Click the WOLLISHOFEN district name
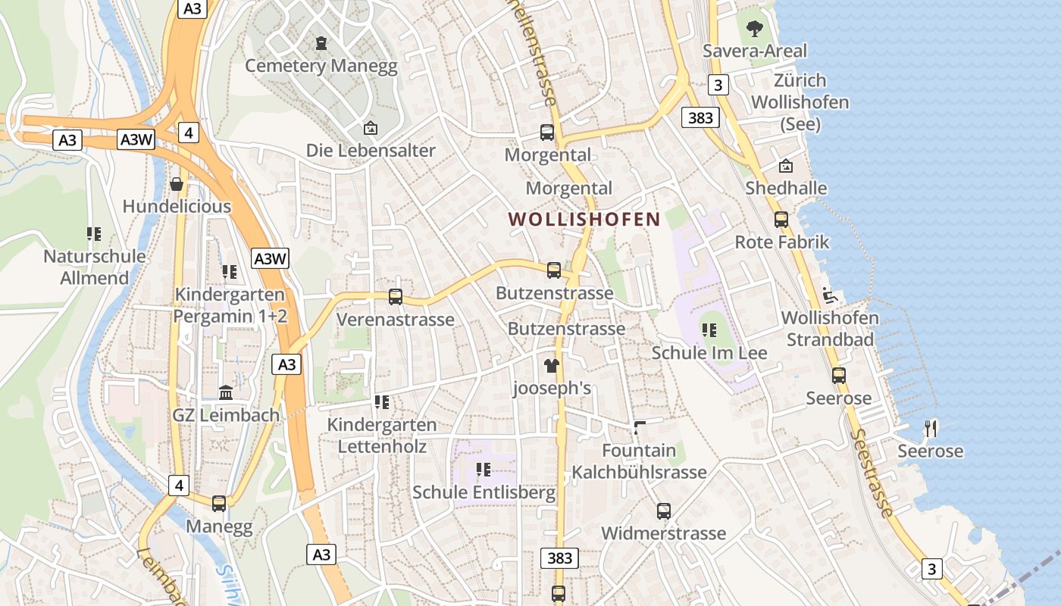pyautogui.click(x=584, y=220)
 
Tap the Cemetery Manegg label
pyautogui.click(x=321, y=66)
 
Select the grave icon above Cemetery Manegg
pyautogui.click(x=321, y=44)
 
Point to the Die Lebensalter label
pyautogui.click(x=371, y=150)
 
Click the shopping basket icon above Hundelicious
pyautogui.click(x=177, y=184)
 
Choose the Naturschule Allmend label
pyautogui.click(x=95, y=267)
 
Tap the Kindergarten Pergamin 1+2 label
pyautogui.click(x=230, y=305)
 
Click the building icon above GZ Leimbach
pyautogui.click(x=226, y=392)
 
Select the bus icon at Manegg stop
pyautogui.click(x=219, y=503)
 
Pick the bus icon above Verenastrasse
pyautogui.click(x=395, y=297)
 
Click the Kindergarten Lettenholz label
pyautogui.click(x=382, y=436)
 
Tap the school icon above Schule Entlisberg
pyautogui.click(x=484, y=470)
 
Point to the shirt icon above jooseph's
pyautogui.click(x=551, y=366)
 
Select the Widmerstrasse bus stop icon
pyautogui.click(x=664, y=511)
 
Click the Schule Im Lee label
pyautogui.click(x=709, y=353)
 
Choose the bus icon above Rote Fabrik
pyautogui.click(x=781, y=220)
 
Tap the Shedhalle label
pyautogui.click(x=786, y=188)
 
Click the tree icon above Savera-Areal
pyautogui.click(x=754, y=29)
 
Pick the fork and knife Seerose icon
pyautogui.click(x=931, y=429)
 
